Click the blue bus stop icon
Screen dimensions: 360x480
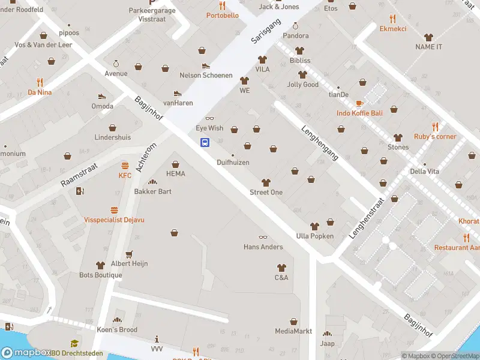(x=205, y=142)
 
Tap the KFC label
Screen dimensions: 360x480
(x=125, y=175)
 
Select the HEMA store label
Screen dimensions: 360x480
(x=175, y=173)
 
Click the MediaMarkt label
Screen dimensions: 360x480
(x=293, y=331)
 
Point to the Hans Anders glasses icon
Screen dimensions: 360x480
(x=262, y=238)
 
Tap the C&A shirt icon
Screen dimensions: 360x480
(x=281, y=268)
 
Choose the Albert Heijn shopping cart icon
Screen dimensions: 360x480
(x=128, y=254)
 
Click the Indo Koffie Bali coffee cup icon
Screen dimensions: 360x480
(x=359, y=104)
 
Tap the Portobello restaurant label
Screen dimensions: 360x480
(x=222, y=15)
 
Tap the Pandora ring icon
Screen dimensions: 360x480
(x=295, y=26)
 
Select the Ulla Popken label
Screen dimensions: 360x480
(x=314, y=236)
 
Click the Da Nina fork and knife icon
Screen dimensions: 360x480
(x=40, y=82)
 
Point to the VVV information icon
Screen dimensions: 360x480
(x=157, y=338)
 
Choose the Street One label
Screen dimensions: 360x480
(x=266, y=192)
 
